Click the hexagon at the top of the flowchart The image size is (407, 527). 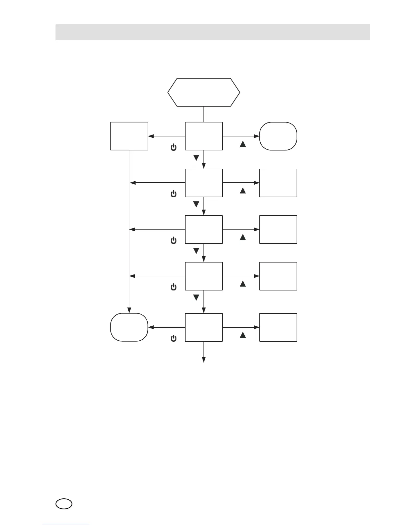pos(203,92)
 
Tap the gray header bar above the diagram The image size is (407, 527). pos(212,32)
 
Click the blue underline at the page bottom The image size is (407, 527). pos(66,524)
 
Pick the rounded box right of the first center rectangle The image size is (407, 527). pos(278,136)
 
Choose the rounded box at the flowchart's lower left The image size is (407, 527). pos(129,327)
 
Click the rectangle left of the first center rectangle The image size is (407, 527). pos(129,136)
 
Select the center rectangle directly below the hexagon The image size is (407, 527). pos(203,136)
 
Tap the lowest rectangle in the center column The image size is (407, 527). pos(203,327)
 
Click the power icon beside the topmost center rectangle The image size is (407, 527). pos(173,147)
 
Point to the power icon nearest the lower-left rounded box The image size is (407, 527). pos(173,338)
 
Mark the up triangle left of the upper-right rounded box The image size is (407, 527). pos(243,144)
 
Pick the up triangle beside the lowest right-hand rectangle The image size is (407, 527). pos(243,335)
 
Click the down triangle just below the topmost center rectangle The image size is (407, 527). pos(196,157)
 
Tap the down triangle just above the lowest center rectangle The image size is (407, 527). pos(196,297)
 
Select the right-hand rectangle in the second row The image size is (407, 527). pos(278,183)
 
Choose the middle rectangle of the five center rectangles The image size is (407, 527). pos(203,229)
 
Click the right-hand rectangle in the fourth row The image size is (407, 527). pos(278,276)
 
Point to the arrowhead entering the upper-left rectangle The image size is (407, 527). pos(151,136)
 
